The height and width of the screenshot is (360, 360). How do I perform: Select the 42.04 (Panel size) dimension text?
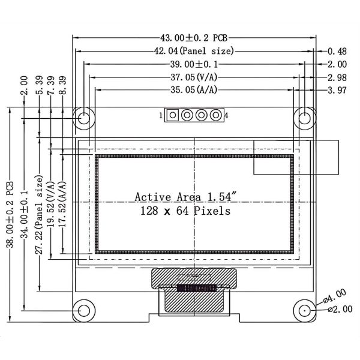click(x=194, y=51)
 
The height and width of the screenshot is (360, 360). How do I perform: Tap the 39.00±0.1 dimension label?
click(x=194, y=64)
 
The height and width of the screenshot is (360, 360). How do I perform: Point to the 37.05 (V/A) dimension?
click(x=194, y=77)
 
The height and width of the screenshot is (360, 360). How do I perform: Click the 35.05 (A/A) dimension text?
click(x=194, y=90)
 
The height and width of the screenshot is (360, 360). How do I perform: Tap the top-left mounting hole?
click(x=83, y=117)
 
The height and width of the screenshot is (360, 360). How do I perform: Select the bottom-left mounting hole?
click(x=83, y=310)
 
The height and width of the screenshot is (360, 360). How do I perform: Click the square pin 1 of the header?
click(x=174, y=115)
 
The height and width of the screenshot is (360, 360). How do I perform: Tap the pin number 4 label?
click(x=226, y=115)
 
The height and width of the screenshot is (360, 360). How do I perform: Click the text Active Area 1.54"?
click(x=185, y=197)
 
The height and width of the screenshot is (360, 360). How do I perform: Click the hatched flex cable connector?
click(x=193, y=278)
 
